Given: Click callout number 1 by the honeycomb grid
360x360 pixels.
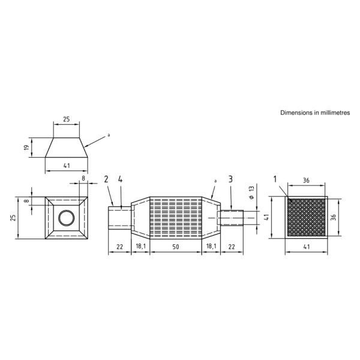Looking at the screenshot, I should point(275,179).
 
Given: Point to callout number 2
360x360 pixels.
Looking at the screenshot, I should point(106,179).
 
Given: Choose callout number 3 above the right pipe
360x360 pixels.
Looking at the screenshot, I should point(230,179).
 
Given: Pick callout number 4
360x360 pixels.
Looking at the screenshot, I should point(121,179).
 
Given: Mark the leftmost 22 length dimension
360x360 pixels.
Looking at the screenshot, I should point(119,246).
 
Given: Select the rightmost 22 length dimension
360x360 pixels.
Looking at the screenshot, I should point(231,246).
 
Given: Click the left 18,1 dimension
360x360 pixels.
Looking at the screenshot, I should point(139,246).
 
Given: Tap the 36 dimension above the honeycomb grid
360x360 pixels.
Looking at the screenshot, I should point(306,179).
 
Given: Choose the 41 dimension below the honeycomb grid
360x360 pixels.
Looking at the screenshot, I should point(306,246).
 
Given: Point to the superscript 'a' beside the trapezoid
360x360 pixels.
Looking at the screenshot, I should point(109,135).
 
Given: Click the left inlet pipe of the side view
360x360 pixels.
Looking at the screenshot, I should point(119,217).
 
